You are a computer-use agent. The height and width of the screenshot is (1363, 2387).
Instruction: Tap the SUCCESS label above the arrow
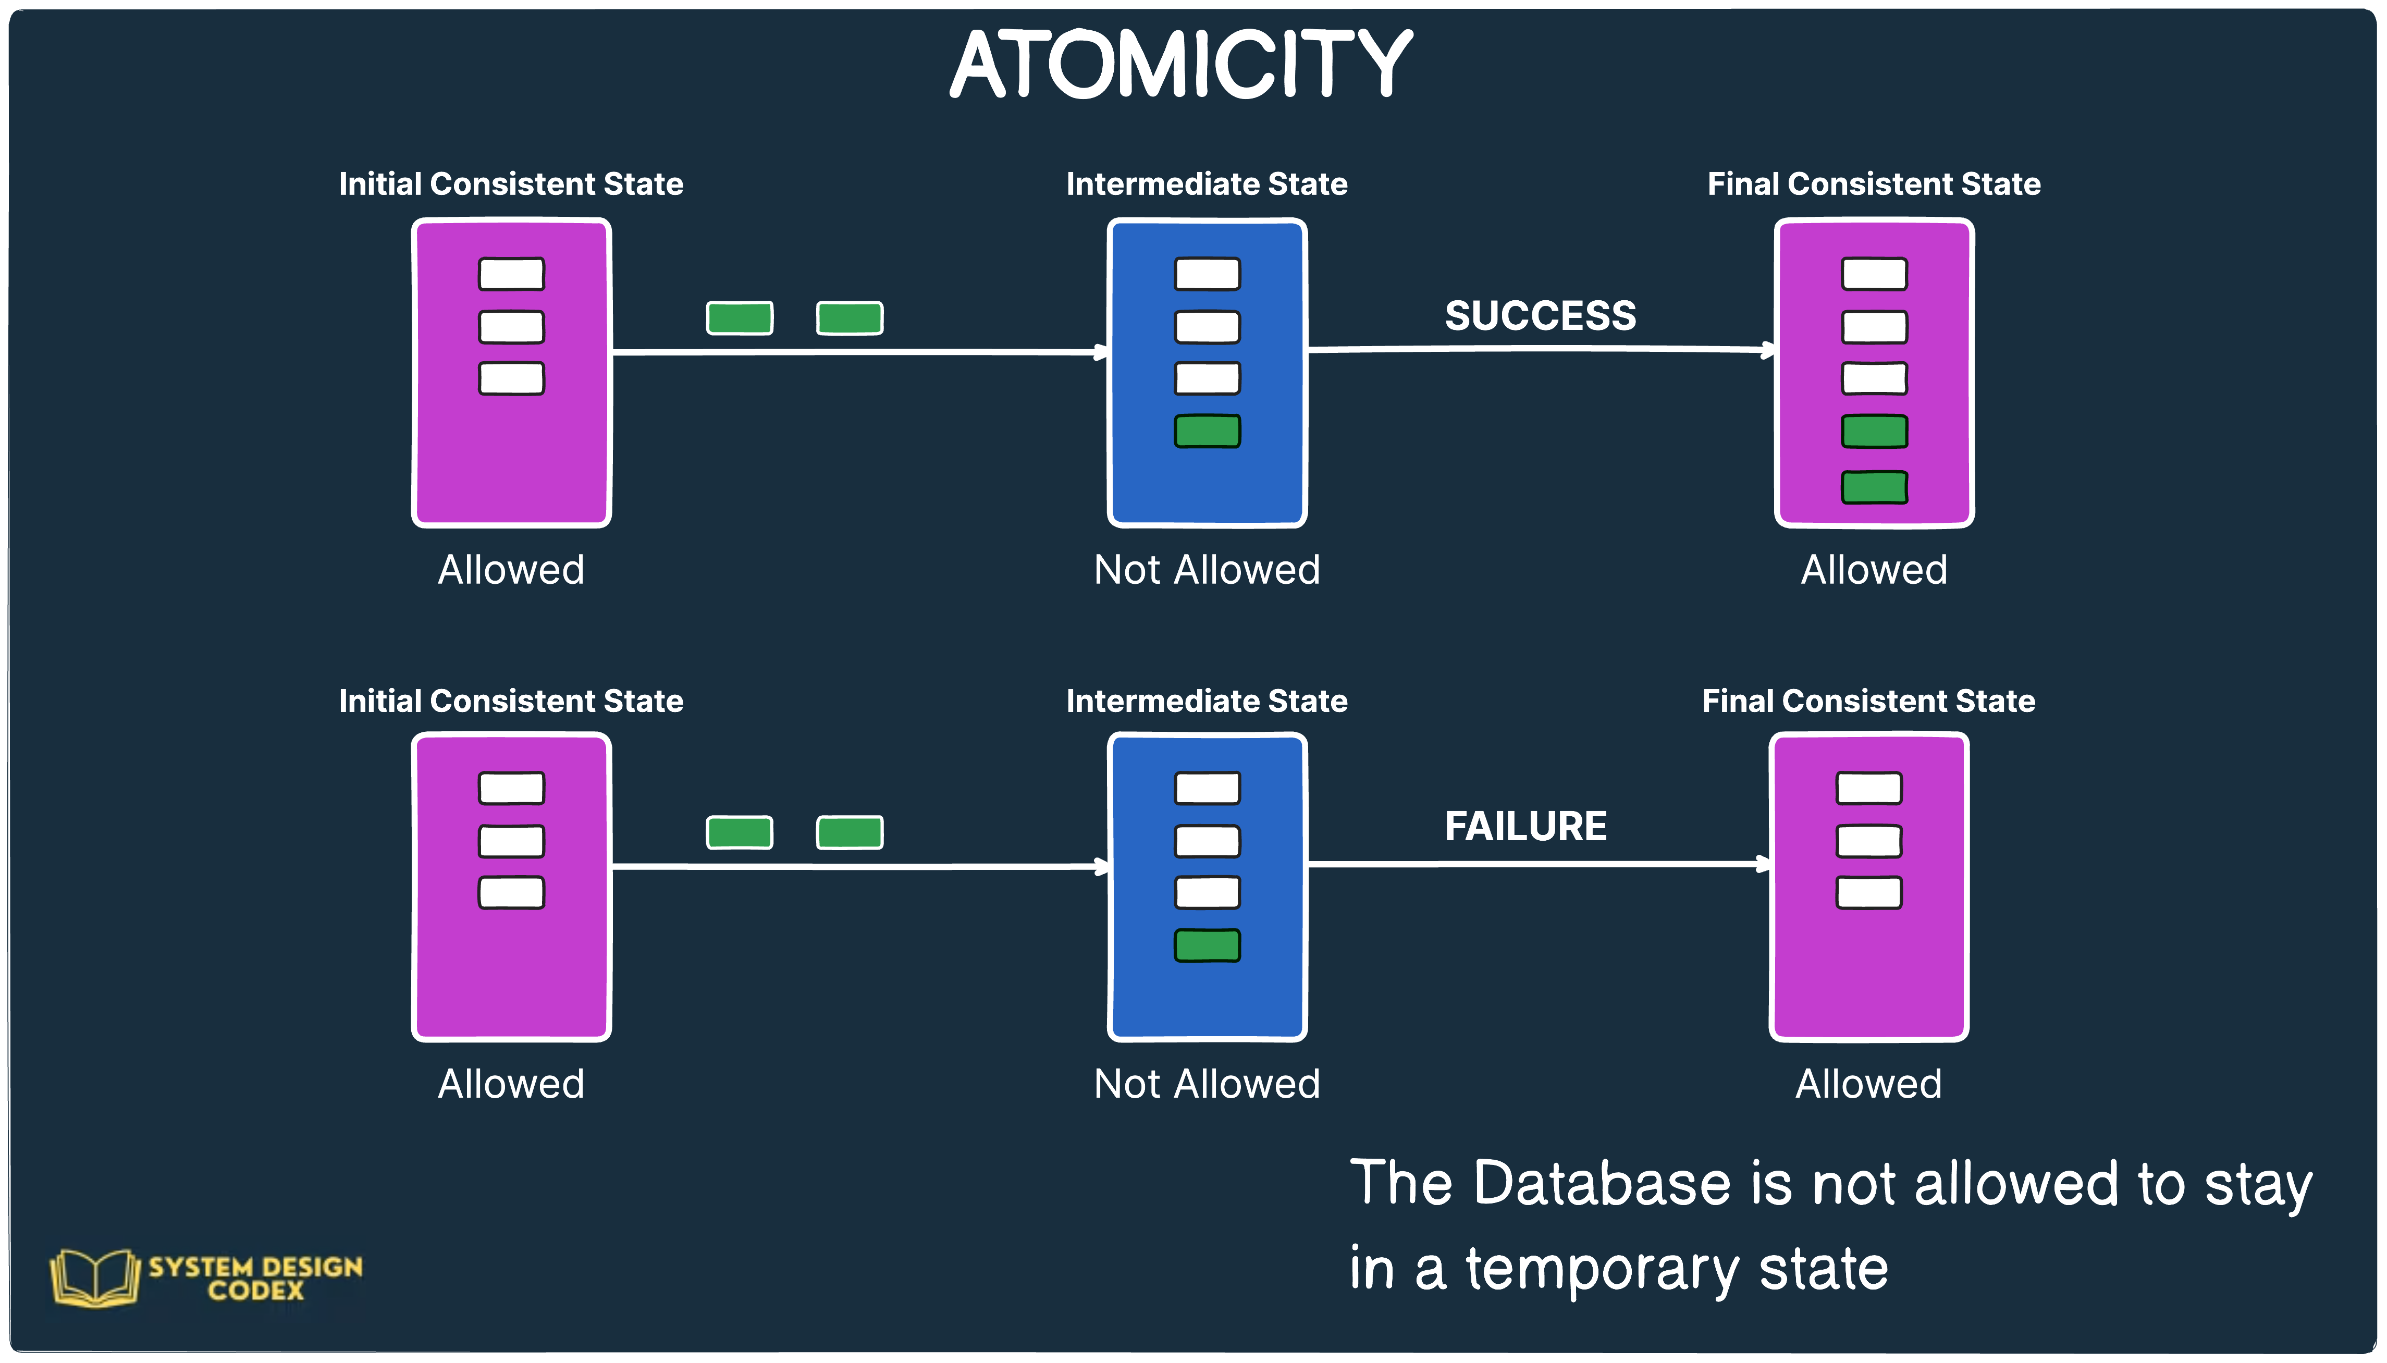pyautogui.click(x=1540, y=315)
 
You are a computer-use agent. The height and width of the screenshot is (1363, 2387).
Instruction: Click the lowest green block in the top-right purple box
pyautogui.click(x=1874, y=487)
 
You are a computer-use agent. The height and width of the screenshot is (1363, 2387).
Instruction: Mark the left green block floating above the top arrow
pyautogui.click(x=740, y=317)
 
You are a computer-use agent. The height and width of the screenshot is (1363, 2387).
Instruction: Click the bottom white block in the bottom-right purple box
pyautogui.click(x=1868, y=892)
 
